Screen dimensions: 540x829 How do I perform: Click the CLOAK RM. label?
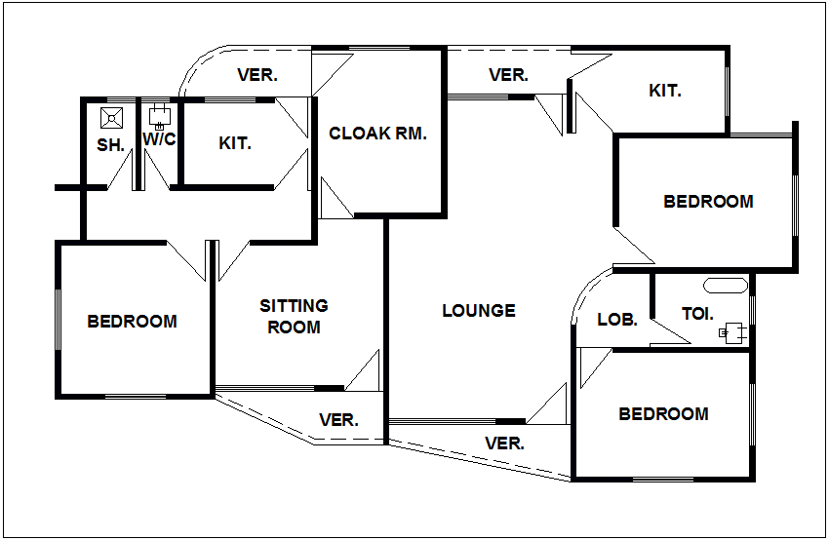click(x=377, y=135)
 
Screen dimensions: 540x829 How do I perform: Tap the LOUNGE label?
click(x=478, y=311)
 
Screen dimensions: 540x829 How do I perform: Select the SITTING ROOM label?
click(x=294, y=317)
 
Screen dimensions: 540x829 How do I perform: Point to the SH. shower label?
click(x=110, y=145)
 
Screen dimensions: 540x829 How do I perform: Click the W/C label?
click(x=159, y=139)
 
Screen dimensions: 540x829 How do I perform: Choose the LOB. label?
click(x=616, y=319)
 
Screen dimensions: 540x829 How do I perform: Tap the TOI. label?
click(x=697, y=315)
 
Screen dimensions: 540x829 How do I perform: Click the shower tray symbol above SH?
click(x=112, y=118)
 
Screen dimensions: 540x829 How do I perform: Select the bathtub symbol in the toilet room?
click(x=725, y=287)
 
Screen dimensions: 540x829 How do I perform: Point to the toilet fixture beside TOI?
click(x=734, y=331)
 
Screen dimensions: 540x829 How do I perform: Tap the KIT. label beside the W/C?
click(x=235, y=143)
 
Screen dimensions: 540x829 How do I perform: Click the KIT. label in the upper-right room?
click(x=665, y=92)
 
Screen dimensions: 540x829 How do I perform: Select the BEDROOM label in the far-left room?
click(x=133, y=322)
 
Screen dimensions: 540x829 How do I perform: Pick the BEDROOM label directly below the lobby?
click(x=663, y=414)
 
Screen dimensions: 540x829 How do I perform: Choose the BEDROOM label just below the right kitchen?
click(x=708, y=202)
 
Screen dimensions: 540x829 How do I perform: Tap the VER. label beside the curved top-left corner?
click(x=257, y=75)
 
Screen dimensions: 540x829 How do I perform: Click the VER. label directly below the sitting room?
click(x=338, y=421)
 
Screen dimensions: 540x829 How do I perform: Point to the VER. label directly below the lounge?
click(x=505, y=444)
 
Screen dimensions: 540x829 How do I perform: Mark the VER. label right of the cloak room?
click(x=508, y=75)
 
